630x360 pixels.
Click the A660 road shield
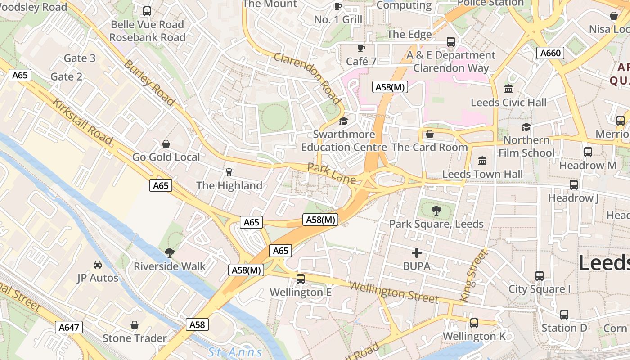click(550, 54)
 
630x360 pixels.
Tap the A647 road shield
click(69, 327)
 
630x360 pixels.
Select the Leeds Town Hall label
click(482, 174)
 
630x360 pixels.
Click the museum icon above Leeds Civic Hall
click(508, 89)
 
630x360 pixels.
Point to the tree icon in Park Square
click(436, 210)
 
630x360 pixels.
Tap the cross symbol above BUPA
click(417, 253)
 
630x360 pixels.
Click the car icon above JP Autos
click(97, 264)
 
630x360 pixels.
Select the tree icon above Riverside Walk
click(169, 252)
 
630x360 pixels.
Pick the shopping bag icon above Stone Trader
click(134, 325)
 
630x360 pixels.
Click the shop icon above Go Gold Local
click(166, 144)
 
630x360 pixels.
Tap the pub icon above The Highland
click(229, 172)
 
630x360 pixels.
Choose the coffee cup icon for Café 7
click(361, 48)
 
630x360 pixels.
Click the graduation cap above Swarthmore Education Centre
click(344, 121)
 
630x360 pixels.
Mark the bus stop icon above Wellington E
click(300, 279)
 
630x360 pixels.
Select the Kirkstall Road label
click(82, 121)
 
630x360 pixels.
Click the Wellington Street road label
click(393, 292)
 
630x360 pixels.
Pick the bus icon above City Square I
click(539, 275)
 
